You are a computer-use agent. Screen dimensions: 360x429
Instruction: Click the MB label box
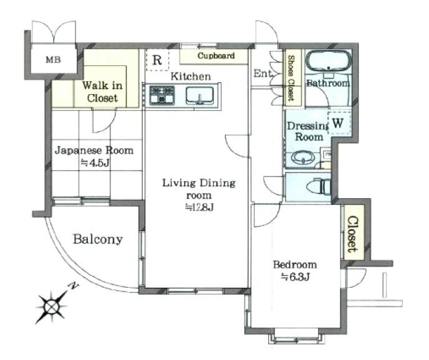51,60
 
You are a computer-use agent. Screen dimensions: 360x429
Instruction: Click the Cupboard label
216,56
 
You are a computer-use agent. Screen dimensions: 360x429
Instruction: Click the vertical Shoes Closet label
291,78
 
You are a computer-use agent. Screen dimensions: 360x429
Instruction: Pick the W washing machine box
337,123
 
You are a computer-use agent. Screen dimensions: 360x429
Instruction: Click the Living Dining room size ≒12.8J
199,207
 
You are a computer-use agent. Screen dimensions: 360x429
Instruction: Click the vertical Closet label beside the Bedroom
352,234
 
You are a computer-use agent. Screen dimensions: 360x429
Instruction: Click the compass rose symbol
51,306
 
